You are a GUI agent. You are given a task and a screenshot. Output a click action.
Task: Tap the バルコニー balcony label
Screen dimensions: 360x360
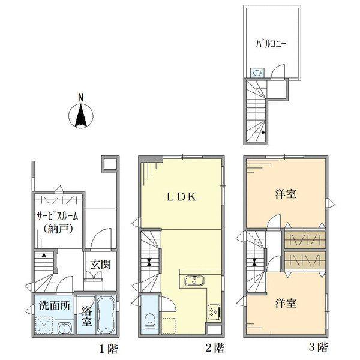271,44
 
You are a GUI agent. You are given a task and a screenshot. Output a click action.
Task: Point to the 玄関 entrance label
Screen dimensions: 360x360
100,264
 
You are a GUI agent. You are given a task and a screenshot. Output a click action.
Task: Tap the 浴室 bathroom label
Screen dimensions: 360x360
86,316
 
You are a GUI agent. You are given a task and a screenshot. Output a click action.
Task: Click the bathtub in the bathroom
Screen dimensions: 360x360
107,316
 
